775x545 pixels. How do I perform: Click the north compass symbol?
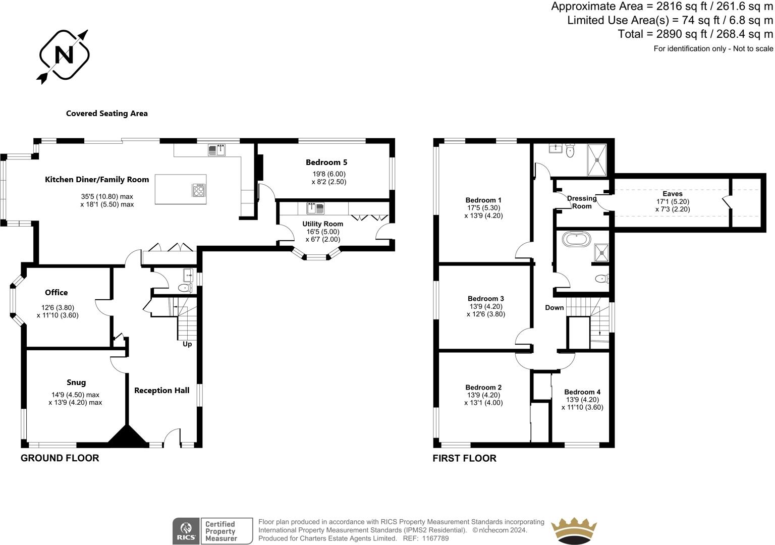64,55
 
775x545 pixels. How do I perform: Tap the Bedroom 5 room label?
326,162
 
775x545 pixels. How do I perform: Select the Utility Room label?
323,224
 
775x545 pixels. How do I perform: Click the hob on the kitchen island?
199,190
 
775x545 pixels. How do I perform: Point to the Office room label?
56,293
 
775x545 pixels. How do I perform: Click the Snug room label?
76,383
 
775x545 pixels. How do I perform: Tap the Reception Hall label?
161,391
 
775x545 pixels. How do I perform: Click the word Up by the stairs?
187,344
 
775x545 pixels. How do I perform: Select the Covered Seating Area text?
107,114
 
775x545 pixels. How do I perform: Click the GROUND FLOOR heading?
60,458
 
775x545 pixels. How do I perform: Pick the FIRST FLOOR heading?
464,458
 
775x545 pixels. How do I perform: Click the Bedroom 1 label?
483,200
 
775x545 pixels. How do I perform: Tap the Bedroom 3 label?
485,299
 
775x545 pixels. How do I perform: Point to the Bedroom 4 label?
582,392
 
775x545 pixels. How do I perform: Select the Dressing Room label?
582,202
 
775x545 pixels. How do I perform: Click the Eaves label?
673,194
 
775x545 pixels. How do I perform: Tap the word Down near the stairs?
555,308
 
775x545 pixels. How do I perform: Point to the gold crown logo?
574,531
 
